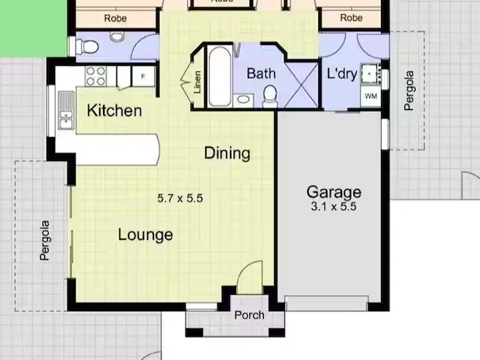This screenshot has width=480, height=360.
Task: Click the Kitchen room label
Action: [114, 111]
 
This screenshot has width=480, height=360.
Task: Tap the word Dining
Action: [227, 153]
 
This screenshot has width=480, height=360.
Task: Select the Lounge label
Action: [146, 235]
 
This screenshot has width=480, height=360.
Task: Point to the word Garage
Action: [334, 192]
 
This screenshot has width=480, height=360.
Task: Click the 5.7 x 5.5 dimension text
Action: [180, 198]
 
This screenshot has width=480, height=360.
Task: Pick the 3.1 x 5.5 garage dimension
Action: [334, 207]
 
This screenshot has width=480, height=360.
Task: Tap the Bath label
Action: [261, 74]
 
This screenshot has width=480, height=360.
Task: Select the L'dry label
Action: [341, 74]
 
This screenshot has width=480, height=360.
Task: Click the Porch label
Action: [249, 315]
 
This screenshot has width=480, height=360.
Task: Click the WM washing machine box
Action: [371, 96]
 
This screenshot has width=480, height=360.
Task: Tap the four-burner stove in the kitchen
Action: [95, 76]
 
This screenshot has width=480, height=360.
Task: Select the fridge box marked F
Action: [142, 76]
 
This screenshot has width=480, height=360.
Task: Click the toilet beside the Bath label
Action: [270, 94]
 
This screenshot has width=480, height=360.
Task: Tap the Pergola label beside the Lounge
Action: [45, 241]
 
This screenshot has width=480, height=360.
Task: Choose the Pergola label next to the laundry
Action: [410, 91]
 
